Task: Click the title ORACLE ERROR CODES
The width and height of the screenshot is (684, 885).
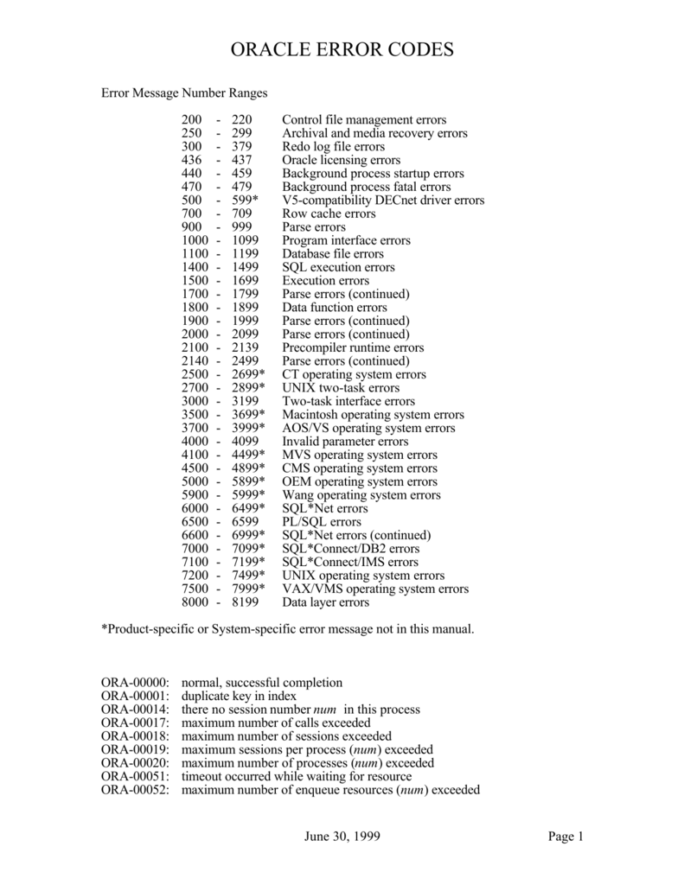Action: [342, 51]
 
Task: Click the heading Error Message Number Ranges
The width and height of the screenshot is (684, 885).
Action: [185, 92]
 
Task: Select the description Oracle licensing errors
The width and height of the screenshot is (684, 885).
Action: [341, 160]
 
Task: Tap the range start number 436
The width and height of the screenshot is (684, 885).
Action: [191, 160]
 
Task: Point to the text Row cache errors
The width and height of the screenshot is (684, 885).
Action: [329, 213]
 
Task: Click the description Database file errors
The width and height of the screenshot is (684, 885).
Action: [332, 254]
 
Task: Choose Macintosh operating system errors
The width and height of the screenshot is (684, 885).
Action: [373, 415]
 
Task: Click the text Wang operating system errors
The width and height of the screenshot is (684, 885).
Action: [361, 495]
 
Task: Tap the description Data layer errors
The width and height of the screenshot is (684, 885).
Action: [325, 602]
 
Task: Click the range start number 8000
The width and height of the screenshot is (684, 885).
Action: [195, 602]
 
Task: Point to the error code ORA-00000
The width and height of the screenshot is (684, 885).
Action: [136, 683]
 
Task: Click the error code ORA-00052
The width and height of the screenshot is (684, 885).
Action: [136, 790]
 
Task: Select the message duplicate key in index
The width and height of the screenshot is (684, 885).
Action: [239, 696]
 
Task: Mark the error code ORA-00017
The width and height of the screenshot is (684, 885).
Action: [136, 723]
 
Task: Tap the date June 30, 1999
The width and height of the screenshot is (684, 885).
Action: [342, 837]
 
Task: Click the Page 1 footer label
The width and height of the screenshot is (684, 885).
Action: [566, 837]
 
